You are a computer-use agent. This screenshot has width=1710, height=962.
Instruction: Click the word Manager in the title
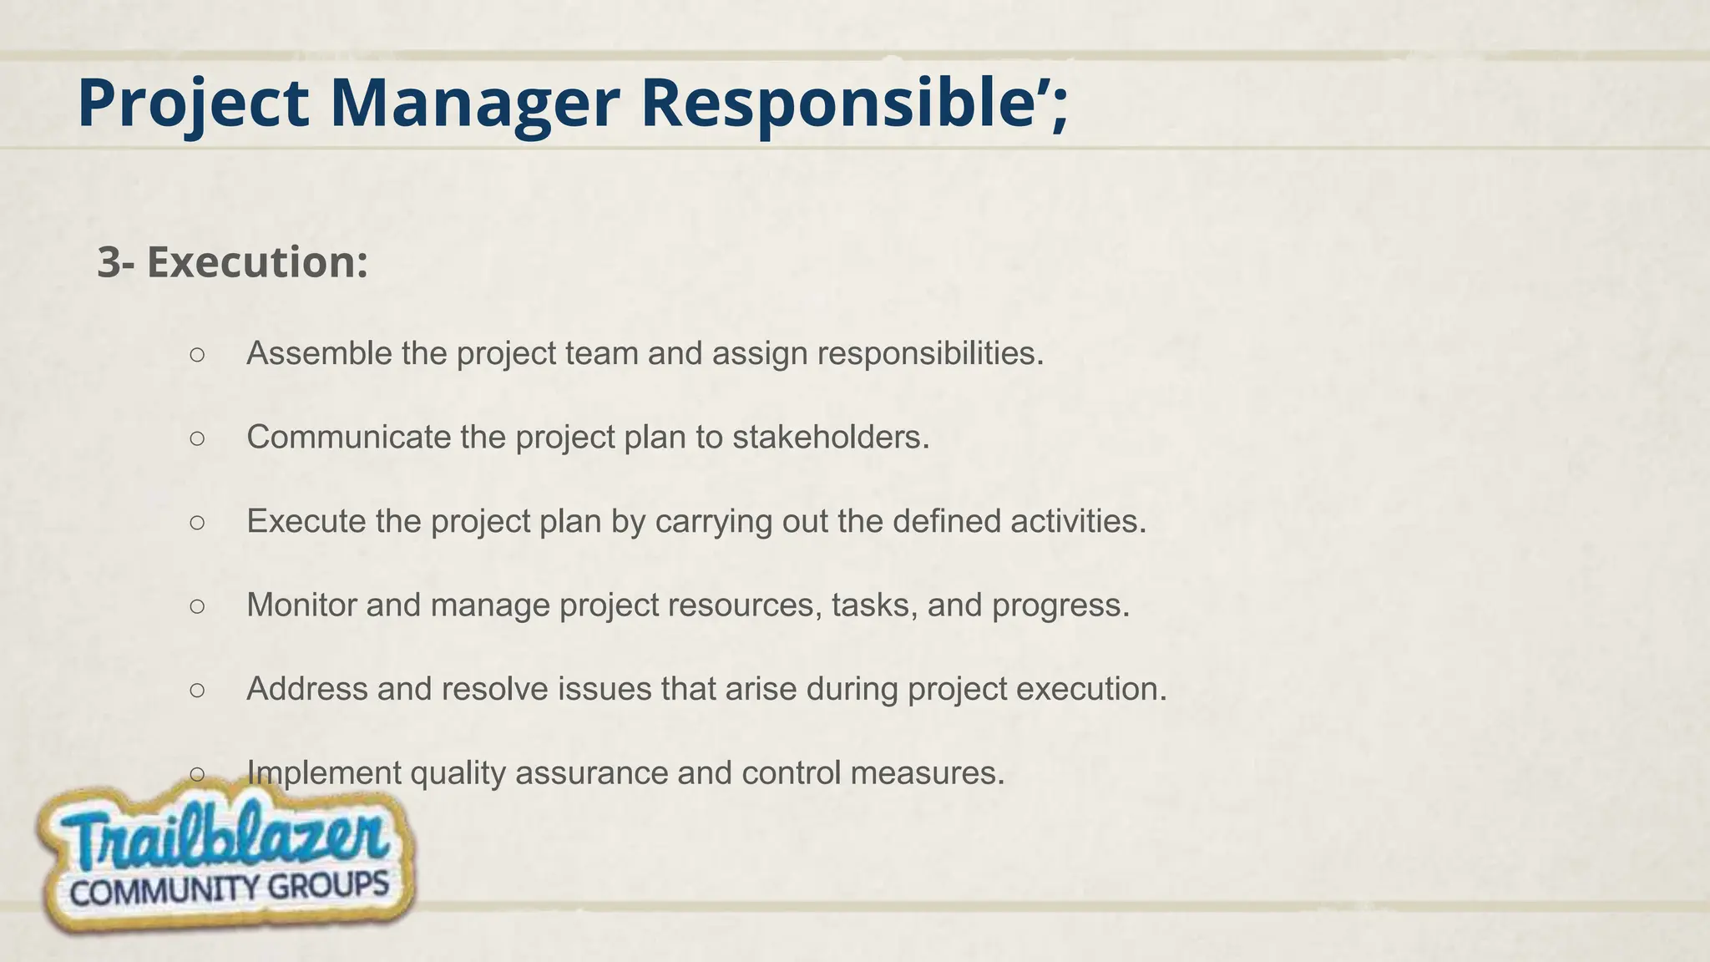(474, 103)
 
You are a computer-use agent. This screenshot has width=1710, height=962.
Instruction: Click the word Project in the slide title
(193, 103)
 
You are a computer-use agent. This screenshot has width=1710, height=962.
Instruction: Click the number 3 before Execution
(109, 262)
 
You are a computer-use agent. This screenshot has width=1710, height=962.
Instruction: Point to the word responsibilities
(929, 353)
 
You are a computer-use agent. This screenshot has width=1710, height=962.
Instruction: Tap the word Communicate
(348, 437)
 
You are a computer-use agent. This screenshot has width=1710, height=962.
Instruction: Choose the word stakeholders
(830, 437)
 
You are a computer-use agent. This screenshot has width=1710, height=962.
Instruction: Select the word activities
(1078, 521)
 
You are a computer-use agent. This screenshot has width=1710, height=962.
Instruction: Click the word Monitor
(301, 605)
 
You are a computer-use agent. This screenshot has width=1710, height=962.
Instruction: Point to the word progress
(1060, 605)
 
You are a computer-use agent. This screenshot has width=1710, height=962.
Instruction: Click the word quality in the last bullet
(458, 772)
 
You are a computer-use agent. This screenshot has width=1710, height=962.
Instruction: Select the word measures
(927, 772)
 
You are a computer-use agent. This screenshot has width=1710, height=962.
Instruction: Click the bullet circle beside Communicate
(197, 438)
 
